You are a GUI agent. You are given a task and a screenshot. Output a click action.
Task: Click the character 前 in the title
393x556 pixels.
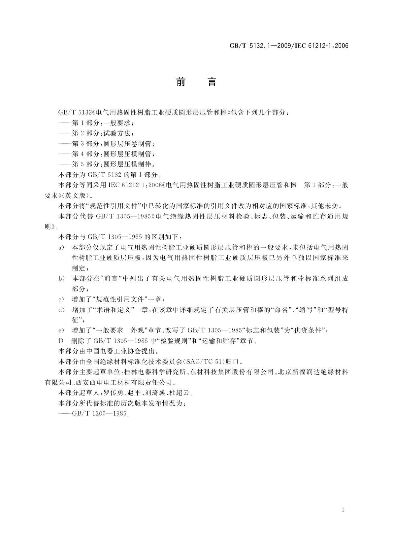tap(180, 82)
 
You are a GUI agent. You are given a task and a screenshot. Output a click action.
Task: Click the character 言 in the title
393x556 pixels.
tap(212, 82)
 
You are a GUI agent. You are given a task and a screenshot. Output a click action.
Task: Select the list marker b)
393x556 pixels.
tap(61, 278)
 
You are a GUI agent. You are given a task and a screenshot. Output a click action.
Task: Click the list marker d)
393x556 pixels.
tap(61, 310)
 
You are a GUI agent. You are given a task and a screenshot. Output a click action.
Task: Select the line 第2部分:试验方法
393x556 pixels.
tap(103, 133)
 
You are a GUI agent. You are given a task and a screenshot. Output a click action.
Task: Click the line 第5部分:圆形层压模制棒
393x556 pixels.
tap(113, 164)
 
